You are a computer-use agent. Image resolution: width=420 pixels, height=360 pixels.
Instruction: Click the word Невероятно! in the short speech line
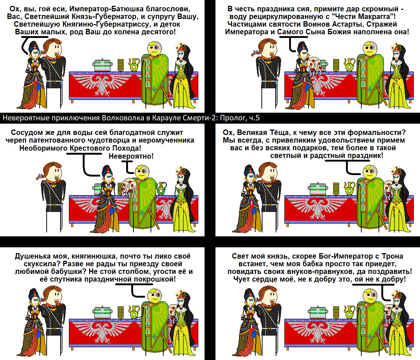[131, 156]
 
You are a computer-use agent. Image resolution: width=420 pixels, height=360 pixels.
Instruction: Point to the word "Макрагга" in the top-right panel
[363, 17]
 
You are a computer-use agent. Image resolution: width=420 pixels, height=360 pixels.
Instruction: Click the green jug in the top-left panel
[134, 64]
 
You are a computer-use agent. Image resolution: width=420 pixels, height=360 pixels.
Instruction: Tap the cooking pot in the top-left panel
[102, 65]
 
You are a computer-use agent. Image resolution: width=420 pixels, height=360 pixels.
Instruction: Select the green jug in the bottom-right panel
[349, 312]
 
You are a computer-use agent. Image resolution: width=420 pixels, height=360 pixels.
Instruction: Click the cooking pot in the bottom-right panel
[318, 313]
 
